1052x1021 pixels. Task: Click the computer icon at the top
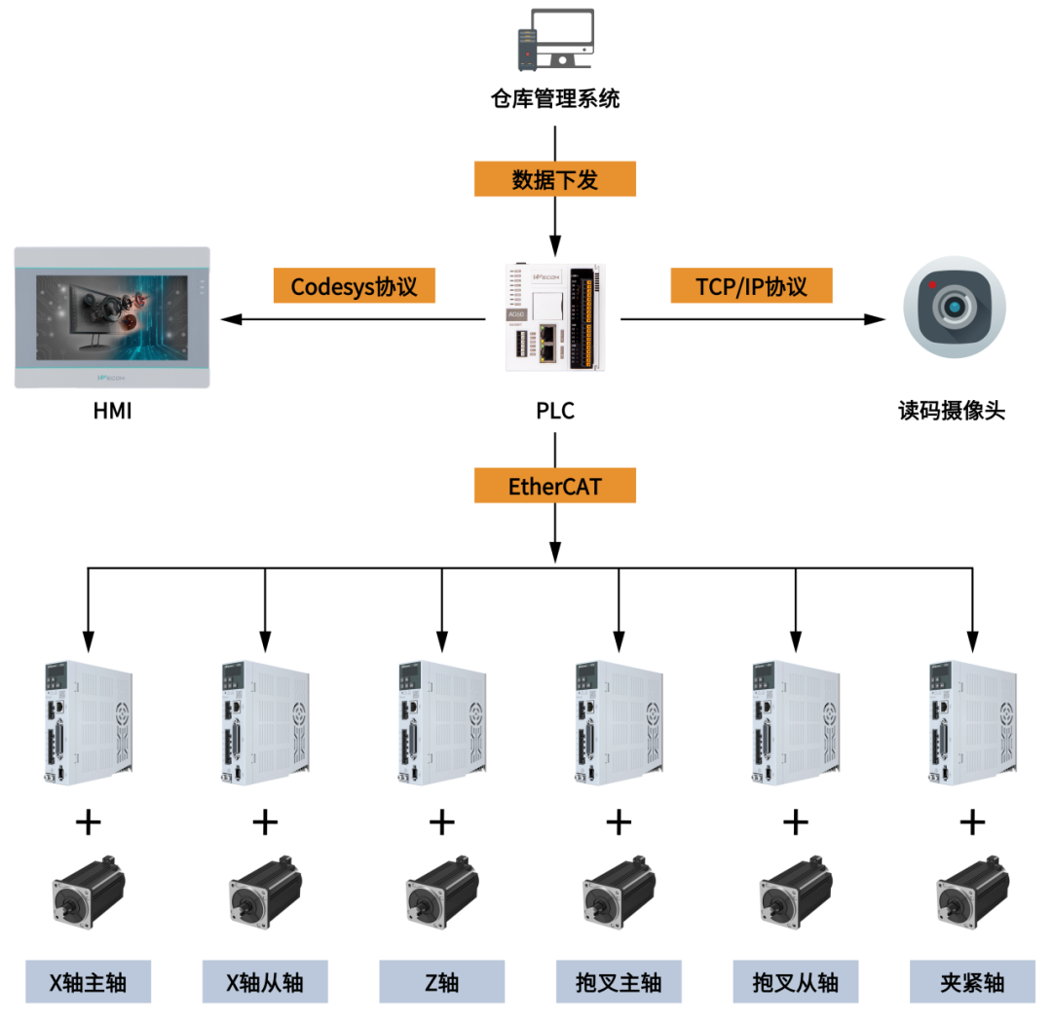click(555, 40)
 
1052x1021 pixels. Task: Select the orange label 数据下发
click(555, 179)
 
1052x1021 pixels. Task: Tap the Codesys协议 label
click(354, 286)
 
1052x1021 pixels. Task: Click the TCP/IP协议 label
click(751, 286)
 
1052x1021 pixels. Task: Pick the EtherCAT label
click(555, 486)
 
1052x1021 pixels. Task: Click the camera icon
click(955, 307)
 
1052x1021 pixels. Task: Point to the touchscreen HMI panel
click(112, 317)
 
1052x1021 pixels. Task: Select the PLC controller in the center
click(555, 316)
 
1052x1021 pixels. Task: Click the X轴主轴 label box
click(88, 982)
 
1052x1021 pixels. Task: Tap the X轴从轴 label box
click(265, 982)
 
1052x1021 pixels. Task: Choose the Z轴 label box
click(441, 982)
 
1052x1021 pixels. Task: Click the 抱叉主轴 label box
click(619, 982)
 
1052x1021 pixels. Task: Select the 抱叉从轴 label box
click(795, 982)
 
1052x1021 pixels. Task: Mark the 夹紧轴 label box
click(972, 982)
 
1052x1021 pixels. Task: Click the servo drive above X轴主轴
click(88, 721)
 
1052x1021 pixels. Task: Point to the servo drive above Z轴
click(441, 721)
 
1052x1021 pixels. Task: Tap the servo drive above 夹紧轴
click(972, 721)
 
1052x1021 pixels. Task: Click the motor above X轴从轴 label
click(265, 887)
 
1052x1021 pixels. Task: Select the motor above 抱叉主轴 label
click(619, 887)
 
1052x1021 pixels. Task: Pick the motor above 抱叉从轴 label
click(795, 887)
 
